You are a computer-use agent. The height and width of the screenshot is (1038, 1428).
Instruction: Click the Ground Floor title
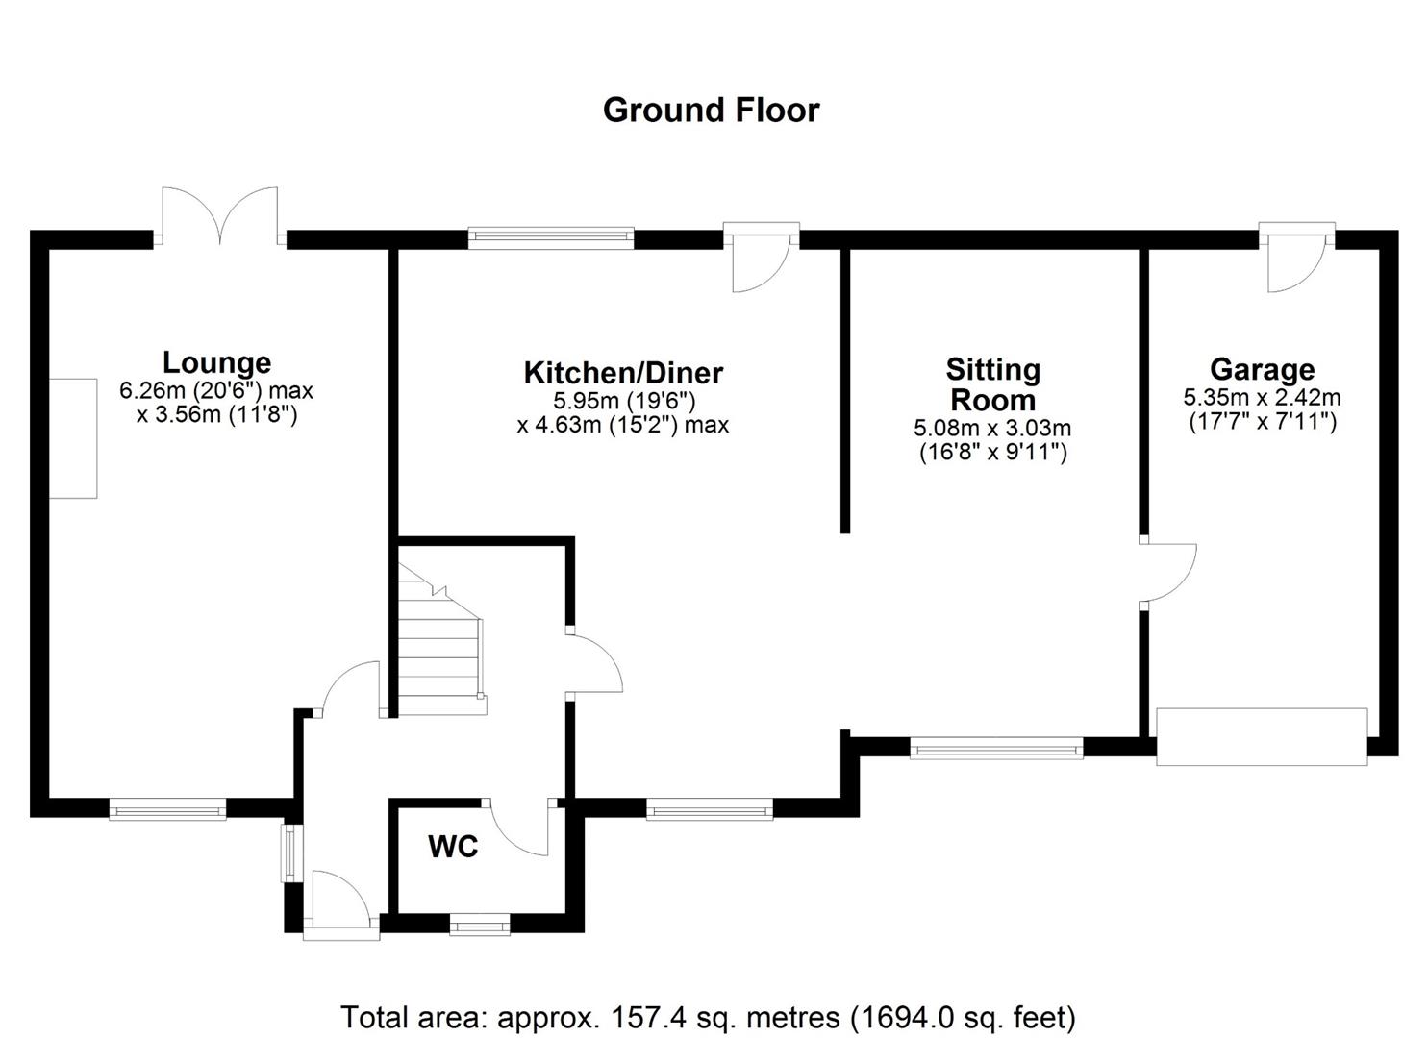tap(711, 111)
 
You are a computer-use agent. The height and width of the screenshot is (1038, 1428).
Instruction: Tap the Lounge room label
tap(216, 362)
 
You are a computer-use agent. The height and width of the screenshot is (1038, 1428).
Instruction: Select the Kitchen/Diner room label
tap(622, 372)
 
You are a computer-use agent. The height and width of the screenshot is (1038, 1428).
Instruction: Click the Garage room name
tap(1262, 369)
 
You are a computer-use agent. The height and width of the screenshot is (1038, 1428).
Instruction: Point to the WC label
tap(453, 847)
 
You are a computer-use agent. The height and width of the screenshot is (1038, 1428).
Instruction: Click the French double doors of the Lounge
tap(220, 216)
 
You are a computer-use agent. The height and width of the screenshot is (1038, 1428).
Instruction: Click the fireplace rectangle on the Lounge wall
tap(73, 438)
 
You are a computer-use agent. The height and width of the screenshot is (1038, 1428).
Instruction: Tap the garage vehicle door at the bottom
tap(1261, 736)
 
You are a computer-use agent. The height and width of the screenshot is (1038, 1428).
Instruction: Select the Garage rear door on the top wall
tap(1296, 258)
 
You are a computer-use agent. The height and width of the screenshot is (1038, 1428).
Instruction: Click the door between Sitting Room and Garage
tap(1166, 574)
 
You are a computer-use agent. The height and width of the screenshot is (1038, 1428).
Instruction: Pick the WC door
tap(519, 827)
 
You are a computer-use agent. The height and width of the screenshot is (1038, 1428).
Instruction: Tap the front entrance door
tap(338, 903)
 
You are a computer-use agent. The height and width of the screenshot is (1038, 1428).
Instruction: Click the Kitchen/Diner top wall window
tap(551, 236)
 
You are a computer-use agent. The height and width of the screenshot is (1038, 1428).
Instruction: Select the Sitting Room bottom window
tap(996, 747)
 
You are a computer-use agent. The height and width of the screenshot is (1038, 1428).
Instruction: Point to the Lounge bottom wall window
tap(167, 809)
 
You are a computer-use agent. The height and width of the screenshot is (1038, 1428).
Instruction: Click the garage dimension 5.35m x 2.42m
tap(1262, 397)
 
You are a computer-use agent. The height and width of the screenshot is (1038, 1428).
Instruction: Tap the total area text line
tap(708, 1016)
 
